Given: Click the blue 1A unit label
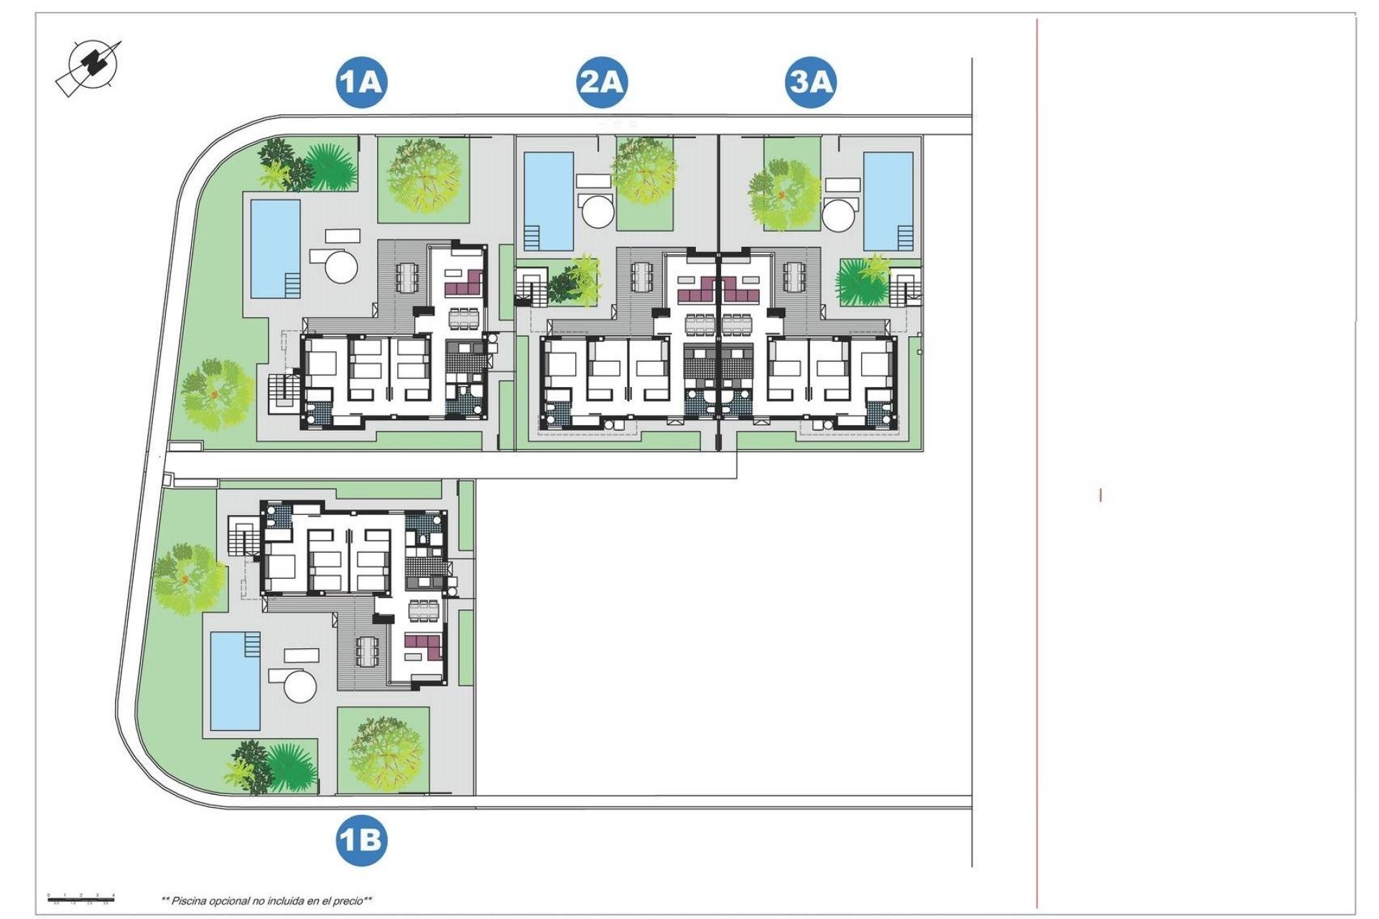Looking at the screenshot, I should click(x=361, y=82).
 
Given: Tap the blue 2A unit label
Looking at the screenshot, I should click(x=602, y=82).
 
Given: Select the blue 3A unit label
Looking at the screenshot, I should click(x=811, y=82).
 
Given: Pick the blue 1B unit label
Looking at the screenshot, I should click(x=361, y=840).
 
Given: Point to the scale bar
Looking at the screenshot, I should click(x=81, y=897).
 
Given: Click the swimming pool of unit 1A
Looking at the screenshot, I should click(x=275, y=248).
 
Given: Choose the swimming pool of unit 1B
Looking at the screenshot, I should click(x=236, y=681).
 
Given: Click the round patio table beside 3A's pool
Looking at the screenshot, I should click(x=840, y=213).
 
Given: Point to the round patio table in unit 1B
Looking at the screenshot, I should click(x=300, y=686).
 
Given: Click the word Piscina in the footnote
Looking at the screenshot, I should click(x=189, y=900).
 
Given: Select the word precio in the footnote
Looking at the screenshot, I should click(x=346, y=900).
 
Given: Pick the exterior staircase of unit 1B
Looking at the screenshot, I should click(x=243, y=535).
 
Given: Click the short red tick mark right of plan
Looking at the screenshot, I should click(x=1100, y=495).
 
